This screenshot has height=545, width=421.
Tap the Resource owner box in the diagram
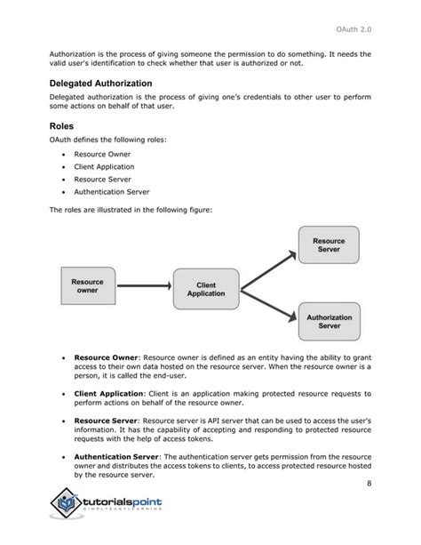click(x=87, y=286)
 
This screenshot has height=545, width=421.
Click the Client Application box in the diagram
click(x=206, y=288)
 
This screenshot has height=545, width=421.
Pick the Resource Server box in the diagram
click(x=329, y=244)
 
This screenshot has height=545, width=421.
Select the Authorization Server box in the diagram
click(x=329, y=321)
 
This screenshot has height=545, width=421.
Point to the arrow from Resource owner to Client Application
click(x=145, y=287)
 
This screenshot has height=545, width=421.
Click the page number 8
click(x=367, y=484)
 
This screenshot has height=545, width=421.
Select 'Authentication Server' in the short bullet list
click(x=111, y=191)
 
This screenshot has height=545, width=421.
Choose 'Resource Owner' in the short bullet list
click(x=101, y=153)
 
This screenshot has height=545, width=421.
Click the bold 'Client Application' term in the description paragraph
click(x=109, y=393)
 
